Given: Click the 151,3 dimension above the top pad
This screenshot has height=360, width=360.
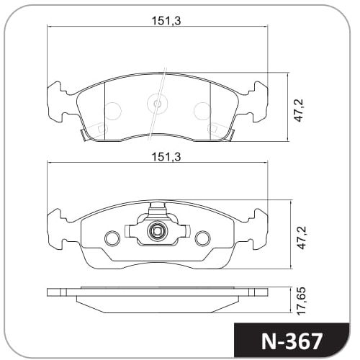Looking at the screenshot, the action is point(166,21).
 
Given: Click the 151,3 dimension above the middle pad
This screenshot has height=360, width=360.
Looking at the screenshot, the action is point(166,157).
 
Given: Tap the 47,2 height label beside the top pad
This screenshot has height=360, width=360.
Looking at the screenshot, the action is point(300,110).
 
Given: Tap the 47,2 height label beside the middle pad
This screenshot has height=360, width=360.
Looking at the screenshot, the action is point(302,237).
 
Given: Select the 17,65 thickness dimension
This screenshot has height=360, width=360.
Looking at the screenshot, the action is point(301,301).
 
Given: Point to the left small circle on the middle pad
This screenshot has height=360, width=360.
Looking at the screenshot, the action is point(112,238).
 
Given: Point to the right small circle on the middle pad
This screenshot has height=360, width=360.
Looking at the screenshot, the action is point(202,238).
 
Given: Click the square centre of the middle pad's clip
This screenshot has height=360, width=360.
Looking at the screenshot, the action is point(157,231).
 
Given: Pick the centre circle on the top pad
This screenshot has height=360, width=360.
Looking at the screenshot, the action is point(158,104).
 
